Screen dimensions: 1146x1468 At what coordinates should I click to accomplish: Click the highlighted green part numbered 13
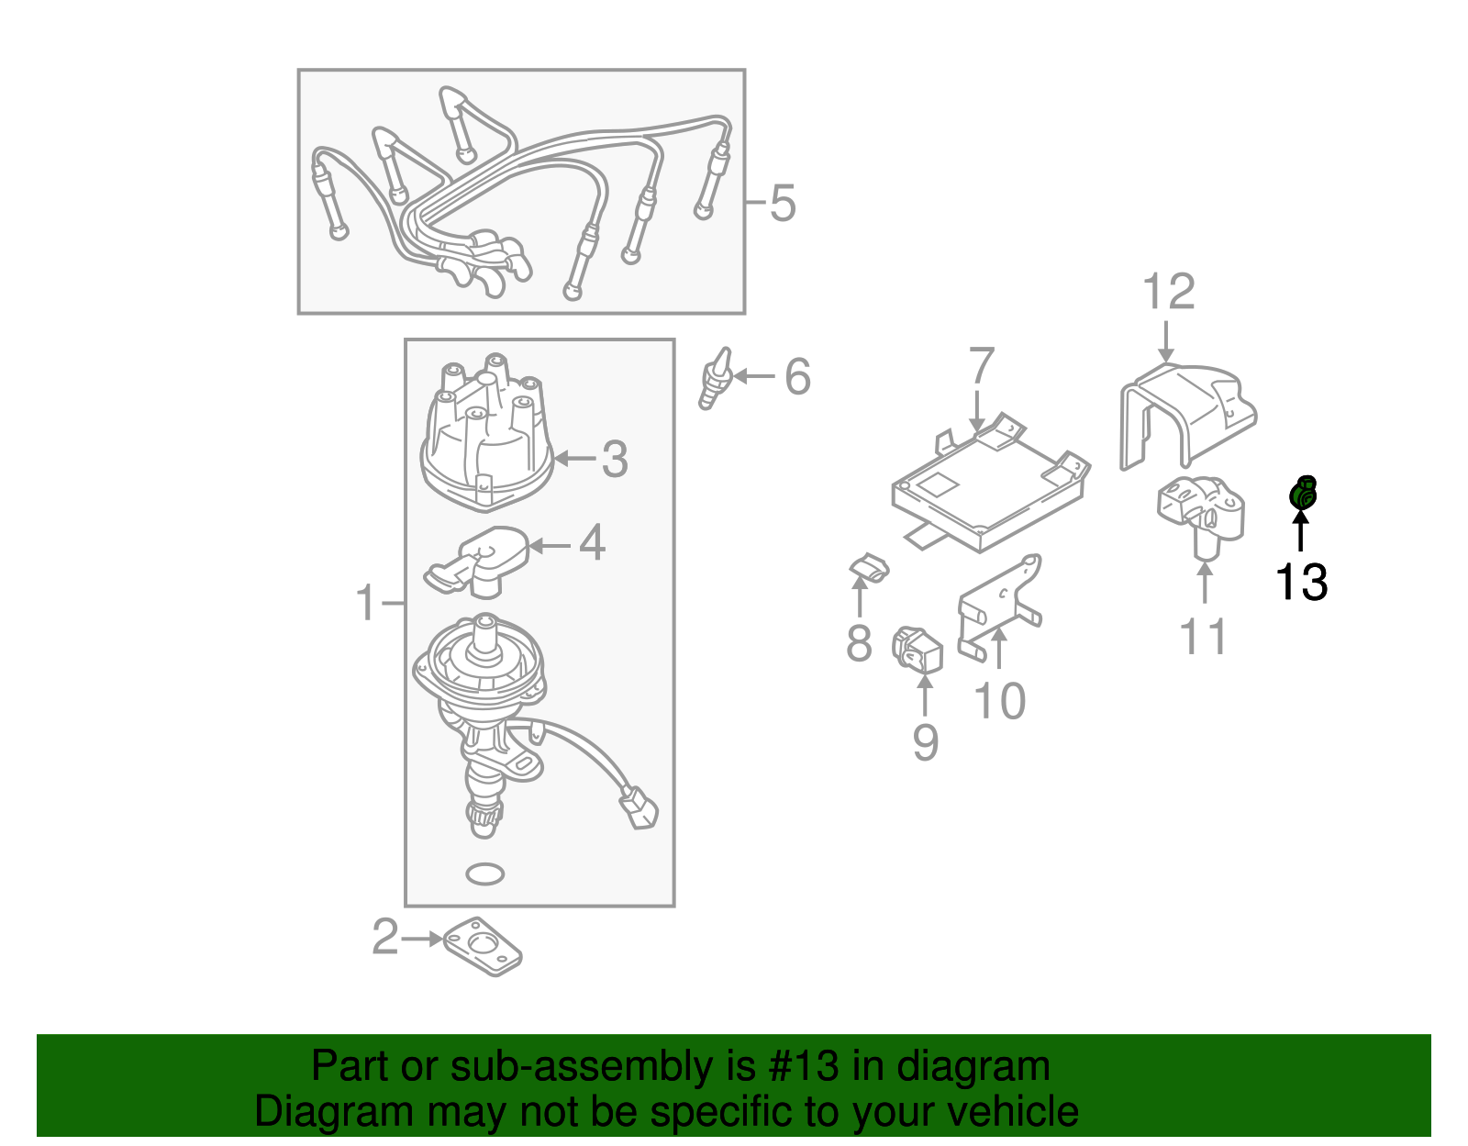click(1303, 494)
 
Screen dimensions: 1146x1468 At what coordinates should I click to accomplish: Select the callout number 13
click(1301, 582)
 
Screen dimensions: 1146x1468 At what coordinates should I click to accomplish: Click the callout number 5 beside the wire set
click(782, 203)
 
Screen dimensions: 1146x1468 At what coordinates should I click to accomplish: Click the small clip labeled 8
click(868, 569)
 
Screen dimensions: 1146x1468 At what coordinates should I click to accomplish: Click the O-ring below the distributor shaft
click(484, 873)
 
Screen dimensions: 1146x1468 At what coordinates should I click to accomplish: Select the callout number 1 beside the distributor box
click(366, 603)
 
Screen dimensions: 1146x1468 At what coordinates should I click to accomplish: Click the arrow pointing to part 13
click(1300, 532)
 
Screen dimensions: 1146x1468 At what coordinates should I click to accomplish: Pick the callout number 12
click(1168, 292)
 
